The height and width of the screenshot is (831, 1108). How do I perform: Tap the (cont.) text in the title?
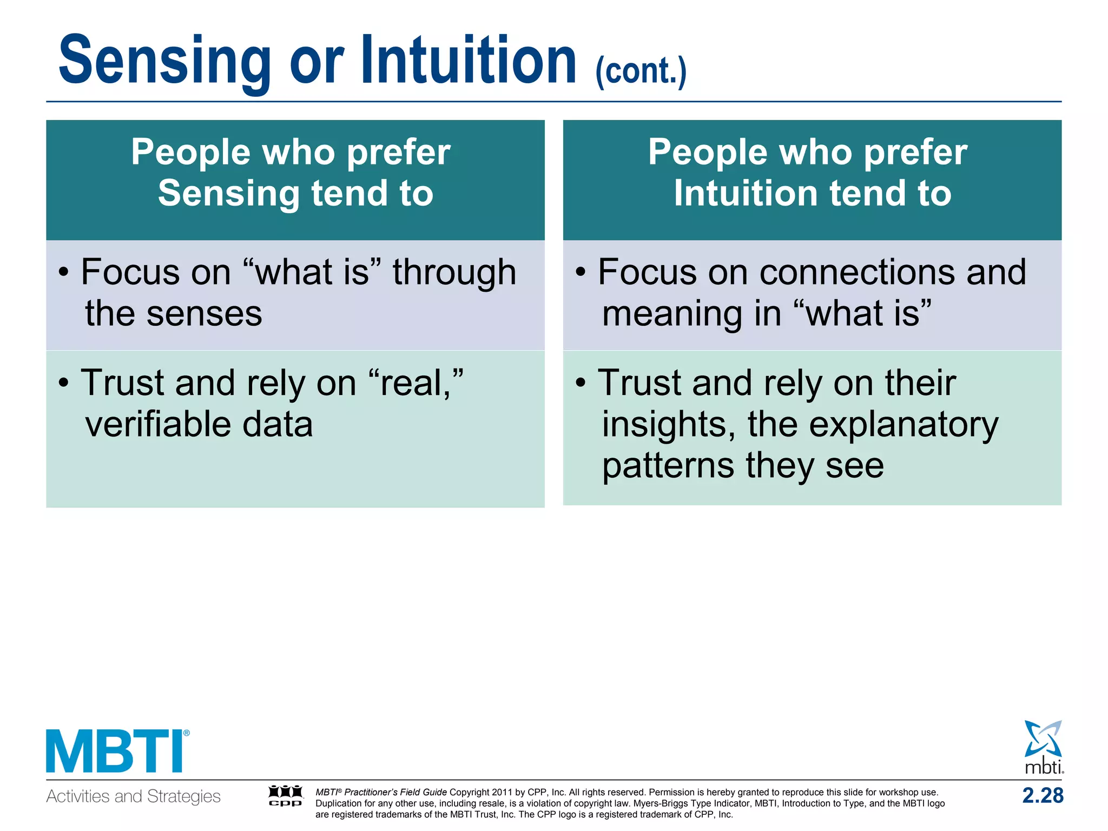click(x=641, y=71)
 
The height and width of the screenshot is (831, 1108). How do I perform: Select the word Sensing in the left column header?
click(x=228, y=194)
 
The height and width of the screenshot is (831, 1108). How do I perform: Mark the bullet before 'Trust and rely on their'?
click(x=581, y=383)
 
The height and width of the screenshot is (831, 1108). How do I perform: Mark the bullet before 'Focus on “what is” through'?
click(x=64, y=272)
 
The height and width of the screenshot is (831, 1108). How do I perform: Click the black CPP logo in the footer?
click(x=286, y=796)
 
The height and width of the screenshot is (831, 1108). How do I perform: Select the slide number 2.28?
click(x=1043, y=796)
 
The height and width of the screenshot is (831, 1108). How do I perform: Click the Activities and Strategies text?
click(x=133, y=796)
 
